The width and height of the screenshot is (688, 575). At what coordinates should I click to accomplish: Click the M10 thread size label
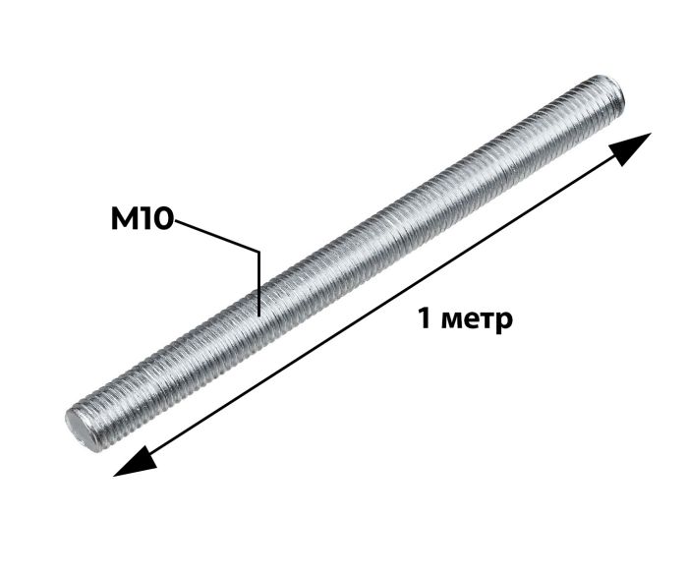(x=143, y=219)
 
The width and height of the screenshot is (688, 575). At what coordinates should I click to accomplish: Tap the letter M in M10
(x=126, y=219)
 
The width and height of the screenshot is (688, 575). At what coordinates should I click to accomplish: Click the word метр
(x=477, y=321)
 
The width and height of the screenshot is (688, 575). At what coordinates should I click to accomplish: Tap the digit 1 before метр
(x=424, y=317)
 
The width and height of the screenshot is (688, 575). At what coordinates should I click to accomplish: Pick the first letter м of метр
(x=450, y=320)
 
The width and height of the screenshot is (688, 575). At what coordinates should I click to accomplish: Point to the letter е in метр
(x=469, y=320)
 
